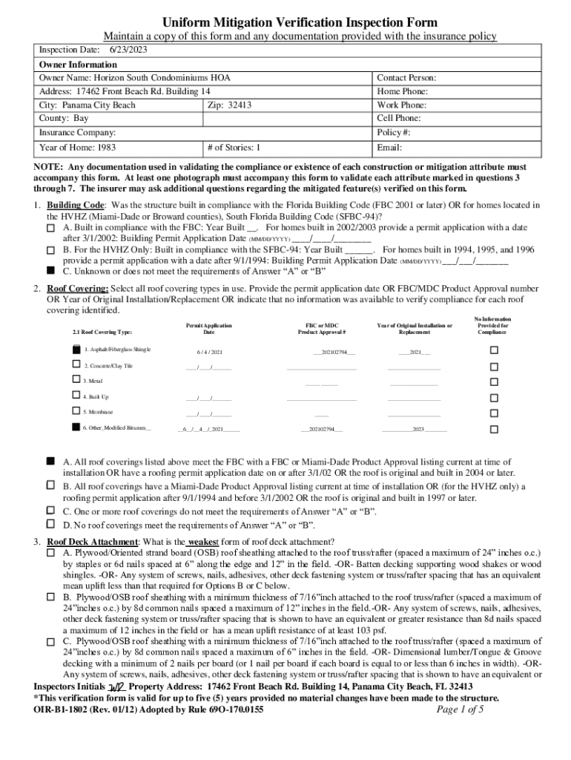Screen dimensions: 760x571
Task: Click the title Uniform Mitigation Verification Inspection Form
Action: coord(300,22)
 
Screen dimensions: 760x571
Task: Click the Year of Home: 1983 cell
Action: coord(77,148)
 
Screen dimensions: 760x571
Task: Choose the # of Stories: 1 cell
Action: coord(235,148)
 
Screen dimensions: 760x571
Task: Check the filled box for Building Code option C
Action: coord(51,271)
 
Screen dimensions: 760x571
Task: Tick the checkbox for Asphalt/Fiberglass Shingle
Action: coord(76,349)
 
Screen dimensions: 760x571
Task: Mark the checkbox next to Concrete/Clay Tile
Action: coord(76,365)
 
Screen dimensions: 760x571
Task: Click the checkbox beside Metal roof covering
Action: coord(76,380)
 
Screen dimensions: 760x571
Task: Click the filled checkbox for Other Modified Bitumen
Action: coord(76,427)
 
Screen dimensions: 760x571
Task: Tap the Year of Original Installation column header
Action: coord(415,330)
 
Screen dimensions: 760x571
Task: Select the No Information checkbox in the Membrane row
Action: coord(493,412)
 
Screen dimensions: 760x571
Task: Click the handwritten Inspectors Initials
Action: coord(116,688)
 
